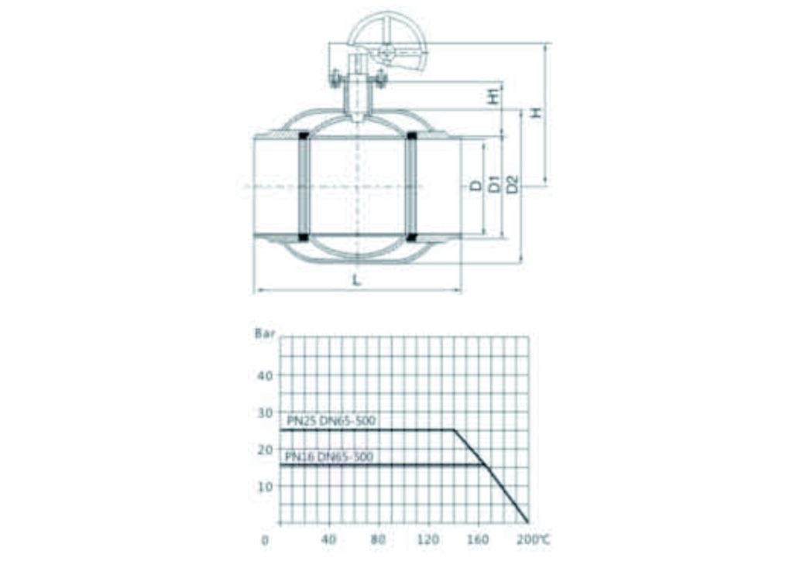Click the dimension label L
(356, 279)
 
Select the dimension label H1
(493, 95)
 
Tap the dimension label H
(536, 112)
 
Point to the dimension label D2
(513, 184)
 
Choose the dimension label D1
(494, 184)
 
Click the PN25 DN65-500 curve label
(331, 420)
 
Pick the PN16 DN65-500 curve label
(329, 457)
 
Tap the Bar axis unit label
(265, 334)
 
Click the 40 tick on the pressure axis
(265, 375)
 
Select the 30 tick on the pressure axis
(265, 413)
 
